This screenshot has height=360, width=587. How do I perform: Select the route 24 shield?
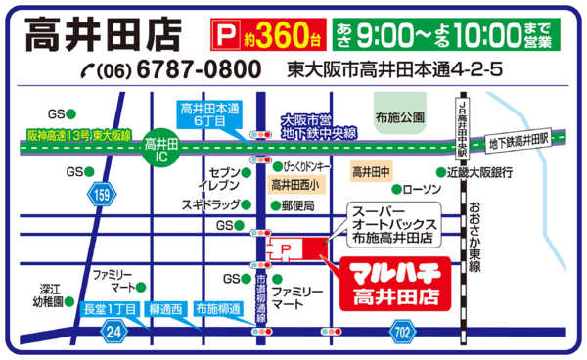click(x=114, y=333)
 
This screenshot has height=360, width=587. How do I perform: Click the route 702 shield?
click(x=402, y=333)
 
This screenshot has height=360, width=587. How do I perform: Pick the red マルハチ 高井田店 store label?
click(x=386, y=283)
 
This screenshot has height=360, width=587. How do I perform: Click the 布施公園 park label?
click(x=402, y=116)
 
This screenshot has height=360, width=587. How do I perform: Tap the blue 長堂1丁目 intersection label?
click(x=110, y=310)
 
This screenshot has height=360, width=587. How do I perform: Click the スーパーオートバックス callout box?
click(x=393, y=225)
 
